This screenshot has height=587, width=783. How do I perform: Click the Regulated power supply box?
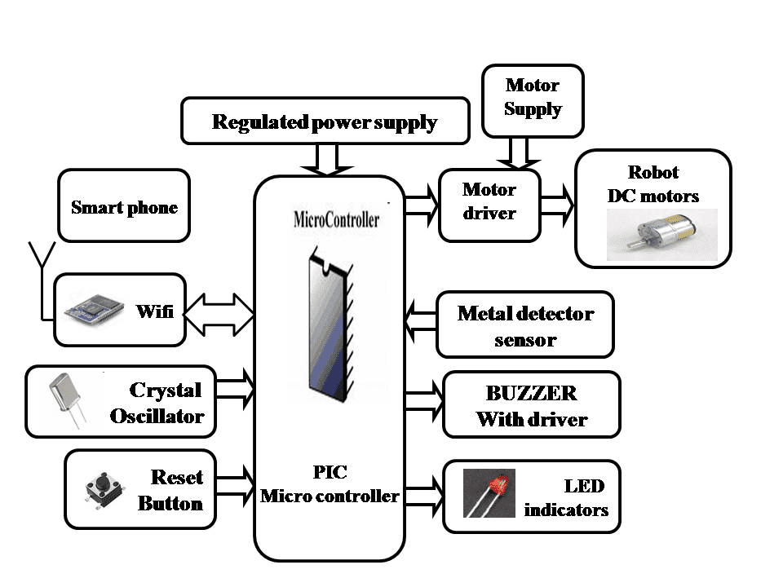[x=325, y=122]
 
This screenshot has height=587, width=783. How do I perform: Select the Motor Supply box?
[x=533, y=98]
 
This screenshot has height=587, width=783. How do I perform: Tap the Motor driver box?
[x=489, y=201]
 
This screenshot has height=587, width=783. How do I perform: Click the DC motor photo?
[x=661, y=235]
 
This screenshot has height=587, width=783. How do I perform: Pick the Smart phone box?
[x=124, y=207]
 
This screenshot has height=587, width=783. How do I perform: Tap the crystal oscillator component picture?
[x=66, y=399]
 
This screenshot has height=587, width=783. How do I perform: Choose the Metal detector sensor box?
[x=524, y=325]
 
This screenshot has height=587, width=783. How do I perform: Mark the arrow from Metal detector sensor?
[x=421, y=320]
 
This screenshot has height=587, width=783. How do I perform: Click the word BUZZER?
[x=531, y=393]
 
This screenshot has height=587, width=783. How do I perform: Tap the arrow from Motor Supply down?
[x=519, y=152]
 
